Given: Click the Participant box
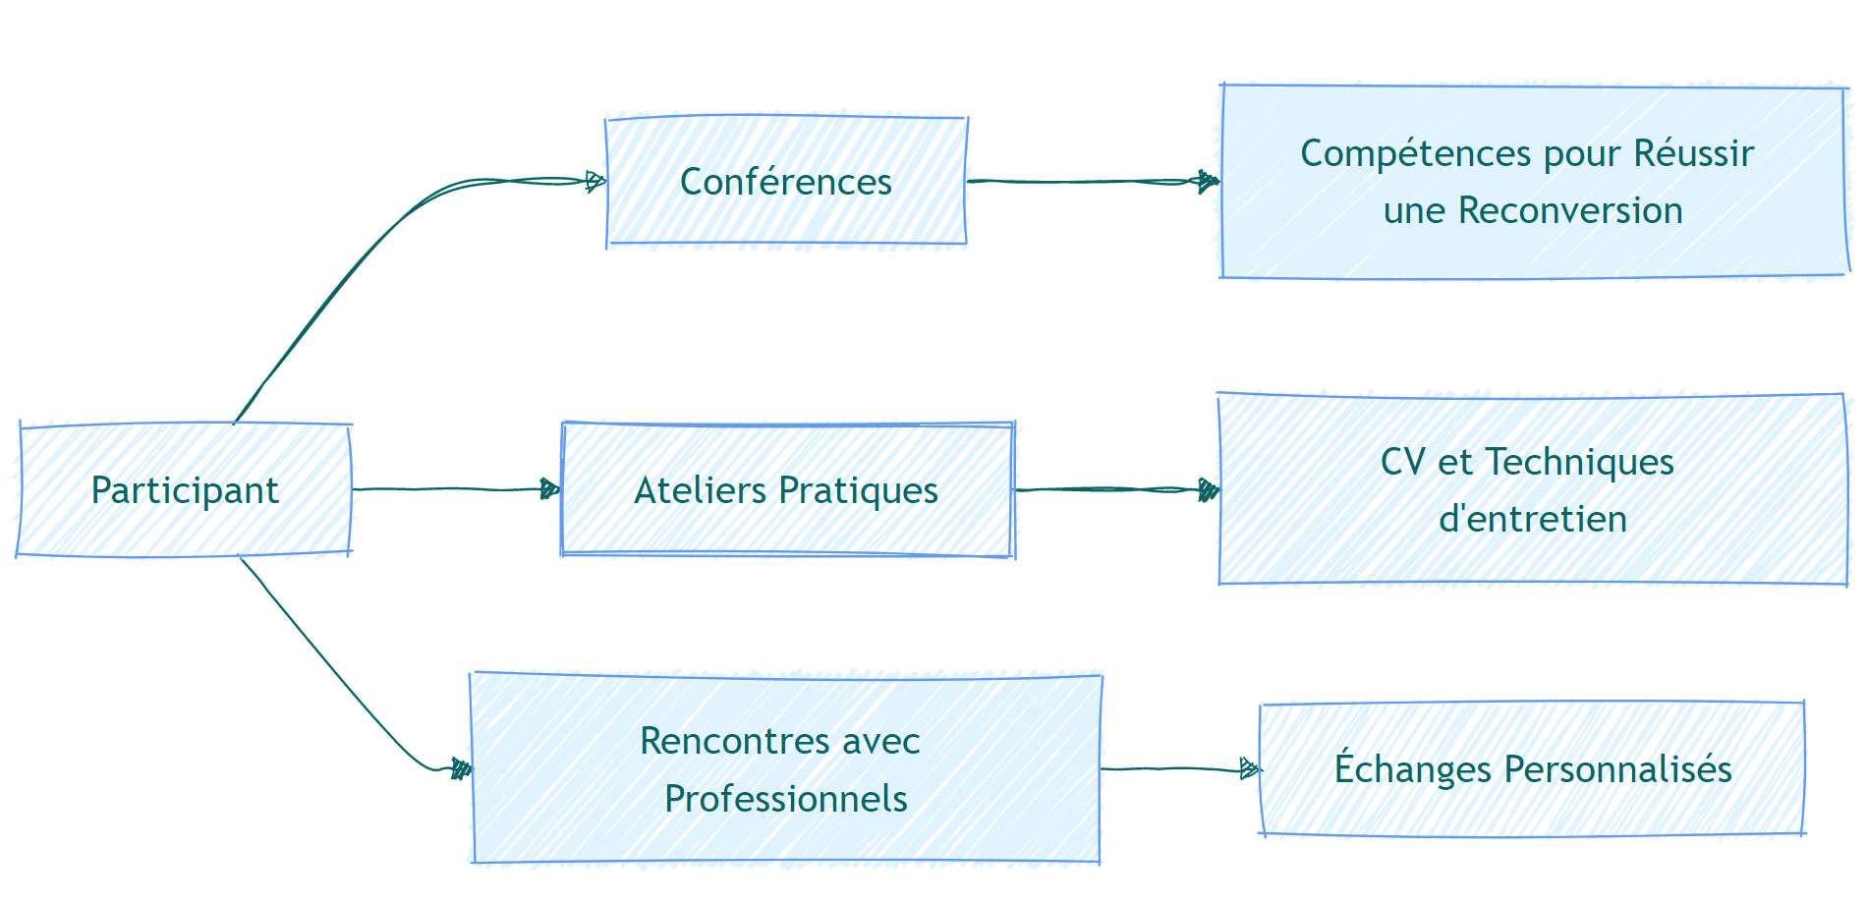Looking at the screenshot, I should click(x=185, y=490).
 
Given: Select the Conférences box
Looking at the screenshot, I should click(x=786, y=182).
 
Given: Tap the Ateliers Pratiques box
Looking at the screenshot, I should click(x=786, y=490).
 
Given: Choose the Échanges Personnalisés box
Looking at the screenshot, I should click(x=1532, y=769).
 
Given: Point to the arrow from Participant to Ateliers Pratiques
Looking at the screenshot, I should click(x=452, y=488).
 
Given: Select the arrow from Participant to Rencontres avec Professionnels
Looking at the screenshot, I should click(x=344, y=678).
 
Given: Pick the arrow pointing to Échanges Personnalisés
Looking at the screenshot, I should click(x=1179, y=768).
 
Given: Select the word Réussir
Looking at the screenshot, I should click(x=1694, y=153).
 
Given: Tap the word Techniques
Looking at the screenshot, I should click(x=1579, y=462).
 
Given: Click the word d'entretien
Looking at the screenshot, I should click(x=1532, y=519).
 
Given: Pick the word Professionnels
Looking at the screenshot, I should click(x=786, y=799).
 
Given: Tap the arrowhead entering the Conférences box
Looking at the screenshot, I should click(x=595, y=181).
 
